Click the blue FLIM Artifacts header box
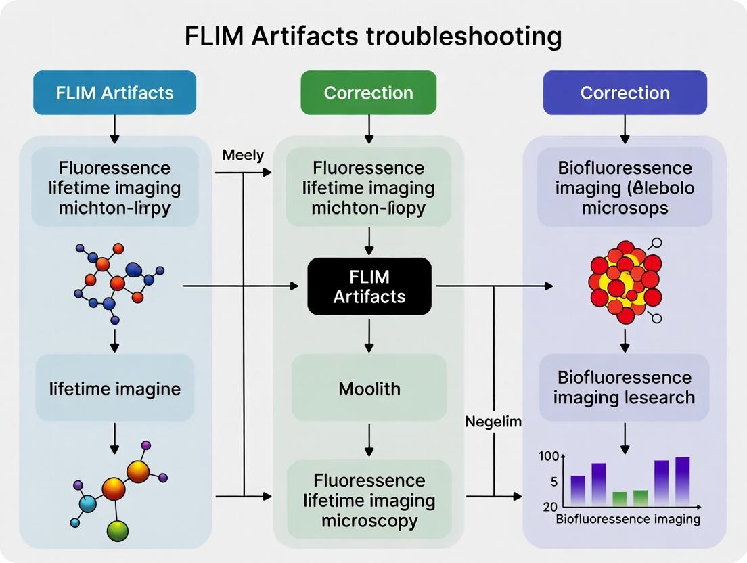tap(114, 93)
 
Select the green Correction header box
tap(368, 93)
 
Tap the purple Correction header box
tap(625, 93)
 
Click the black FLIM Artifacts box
tap(369, 286)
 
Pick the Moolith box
tap(369, 388)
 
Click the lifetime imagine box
tap(114, 388)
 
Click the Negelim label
tap(493, 422)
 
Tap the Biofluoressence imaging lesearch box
tap(624, 387)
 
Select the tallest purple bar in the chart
tap(682, 481)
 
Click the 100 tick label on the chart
tap(549, 456)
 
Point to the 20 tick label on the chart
tap(549, 507)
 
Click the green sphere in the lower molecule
tap(118, 530)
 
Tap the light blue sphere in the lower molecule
tap(88, 503)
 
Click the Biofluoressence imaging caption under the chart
tap(627, 520)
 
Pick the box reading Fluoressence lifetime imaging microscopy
tap(369, 501)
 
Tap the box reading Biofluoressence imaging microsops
tap(624, 187)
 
